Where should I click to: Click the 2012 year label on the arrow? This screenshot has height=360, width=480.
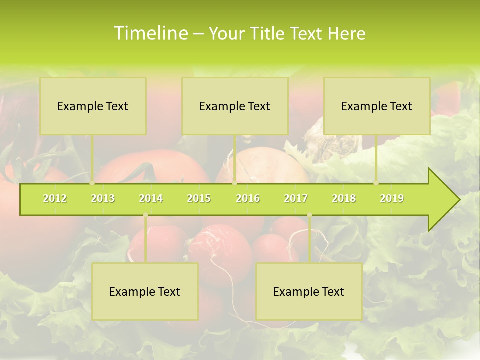pyautogui.click(x=55, y=198)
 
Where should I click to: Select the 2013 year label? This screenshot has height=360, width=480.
pyautogui.click(x=103, y=198)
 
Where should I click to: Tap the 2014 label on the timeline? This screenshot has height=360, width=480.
pyautogui.click(x=151, y=198)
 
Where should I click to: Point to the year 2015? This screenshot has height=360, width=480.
pyautogui.click(x=199, y=198)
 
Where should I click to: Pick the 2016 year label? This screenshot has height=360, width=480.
pyautogui.click(x=248, y=198)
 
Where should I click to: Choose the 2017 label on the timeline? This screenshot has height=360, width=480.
pyautogui.click(x=296, y=198)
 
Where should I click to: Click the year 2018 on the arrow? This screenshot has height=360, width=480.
pyautogui.click(x=344, y=198)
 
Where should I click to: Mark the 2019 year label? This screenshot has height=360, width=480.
pyautogui.click(x=392, y=198)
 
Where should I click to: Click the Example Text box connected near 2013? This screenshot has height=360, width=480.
pyautogui.click(x=93, y=106)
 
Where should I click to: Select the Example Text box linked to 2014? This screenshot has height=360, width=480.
pyautogui.click(x=145, y=291)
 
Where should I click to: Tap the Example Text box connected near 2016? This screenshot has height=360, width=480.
pyautogui.click(x=235, y=106)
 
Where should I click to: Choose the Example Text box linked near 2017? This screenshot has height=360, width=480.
pyautogui.click(x=309, y=291)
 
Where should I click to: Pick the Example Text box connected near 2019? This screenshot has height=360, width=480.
pyautogui.click(x=377, y=106)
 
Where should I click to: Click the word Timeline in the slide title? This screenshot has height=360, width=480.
pyautogui.click(x=150, y=33)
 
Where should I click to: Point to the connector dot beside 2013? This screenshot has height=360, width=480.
pyautogui.click(x=92, y=183)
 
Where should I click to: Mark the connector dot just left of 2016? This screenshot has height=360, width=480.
pyautogui.click(x=234, y=183)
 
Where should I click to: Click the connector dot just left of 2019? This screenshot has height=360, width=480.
pyautogui.click(x=376, y=183)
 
